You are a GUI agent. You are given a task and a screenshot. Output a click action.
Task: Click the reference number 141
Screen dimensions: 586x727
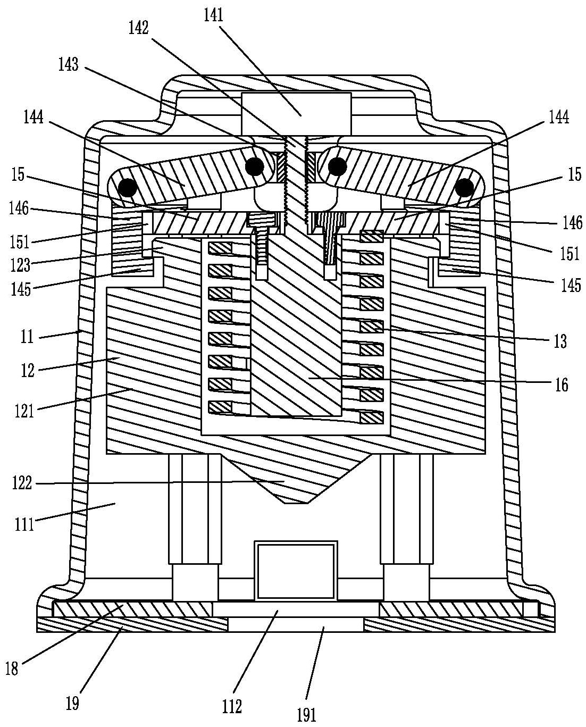pyautogui.click(x=213, y=15)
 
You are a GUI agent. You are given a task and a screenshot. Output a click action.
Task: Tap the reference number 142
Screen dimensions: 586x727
pyautogui.click(x=138, y=28)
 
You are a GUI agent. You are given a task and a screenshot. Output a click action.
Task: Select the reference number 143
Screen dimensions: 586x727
pyautogui.click(x=69, y=64)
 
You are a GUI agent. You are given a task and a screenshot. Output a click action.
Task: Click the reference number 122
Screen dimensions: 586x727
pyautogui.click(x=22, y=483)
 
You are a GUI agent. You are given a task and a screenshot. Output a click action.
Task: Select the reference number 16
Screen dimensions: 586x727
pyautogui.click(x=562, y=385)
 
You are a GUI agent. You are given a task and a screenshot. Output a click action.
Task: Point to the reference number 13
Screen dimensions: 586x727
pyautogui.click(x=560, y=341)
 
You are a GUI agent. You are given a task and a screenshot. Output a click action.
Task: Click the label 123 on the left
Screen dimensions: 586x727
pyautogui.click(x=21, y=265)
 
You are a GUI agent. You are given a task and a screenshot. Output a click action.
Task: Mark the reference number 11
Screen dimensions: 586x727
pyautogui.click(x=27, y=337)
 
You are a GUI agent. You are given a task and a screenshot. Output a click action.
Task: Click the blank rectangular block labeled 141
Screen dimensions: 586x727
pyautogui.click(x=297, y=114)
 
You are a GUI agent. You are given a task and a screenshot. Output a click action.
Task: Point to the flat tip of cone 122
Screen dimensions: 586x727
pyautogui.click(x=296, y=503)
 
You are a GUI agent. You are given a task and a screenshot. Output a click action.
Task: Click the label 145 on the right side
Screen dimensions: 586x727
pyautogui.click(x=571, y=285)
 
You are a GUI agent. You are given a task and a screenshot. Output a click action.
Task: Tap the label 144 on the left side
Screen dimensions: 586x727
pyautogui.click(x=34, y=117)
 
